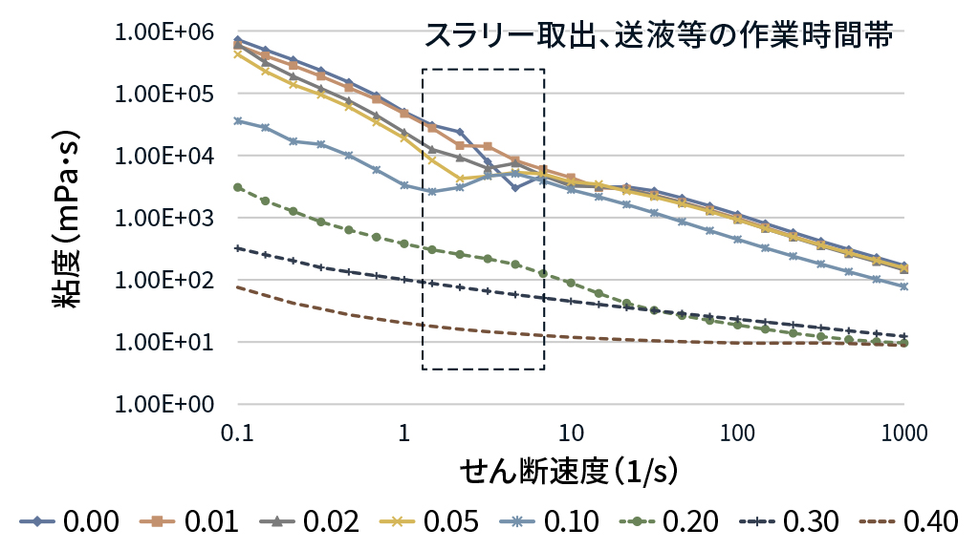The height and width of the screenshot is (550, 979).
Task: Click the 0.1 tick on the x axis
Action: pyautogui.click(x=237, y=432)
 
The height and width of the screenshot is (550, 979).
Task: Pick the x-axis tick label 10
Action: pyautogui.click(x=571, y=432)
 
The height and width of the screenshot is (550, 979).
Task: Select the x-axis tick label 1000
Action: pyautogui.click(x=903, y=432)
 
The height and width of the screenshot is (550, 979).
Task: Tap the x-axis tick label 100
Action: pyautogui.click(x=737, y=432)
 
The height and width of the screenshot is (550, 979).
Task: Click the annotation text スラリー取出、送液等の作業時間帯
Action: pyautogui.click(x=659, y=37)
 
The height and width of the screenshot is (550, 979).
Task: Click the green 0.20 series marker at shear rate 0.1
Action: pyautogui.click(x=238, y=187)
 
